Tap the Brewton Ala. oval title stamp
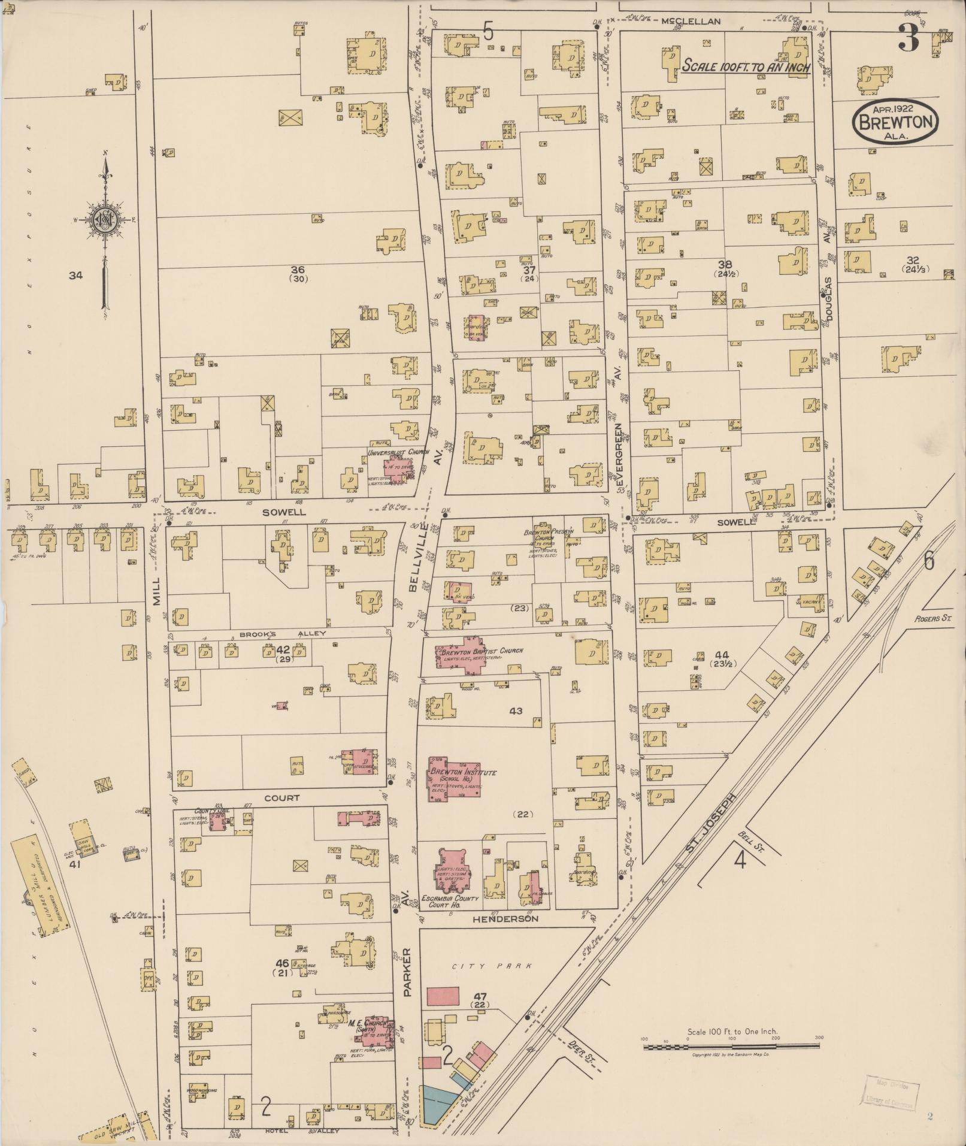[896, 122]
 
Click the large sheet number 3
[908, 40]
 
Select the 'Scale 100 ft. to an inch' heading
[746, 66]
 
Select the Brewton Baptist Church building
[472, 654]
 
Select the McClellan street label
[691, 21]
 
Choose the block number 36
[298, 269]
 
